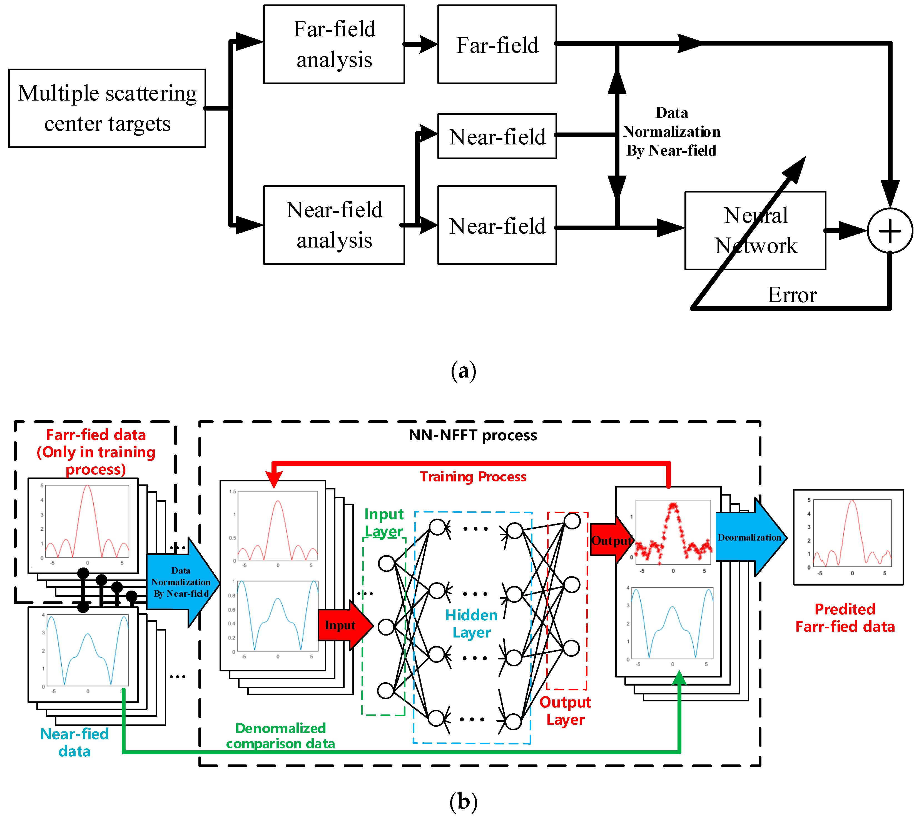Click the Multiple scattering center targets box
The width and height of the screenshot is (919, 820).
pyautogui.click(x=107, y=108)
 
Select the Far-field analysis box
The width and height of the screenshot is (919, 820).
pyautogui.click(x=334, y=44)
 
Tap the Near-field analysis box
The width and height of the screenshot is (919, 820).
pyautogui.click(x=334, y=225)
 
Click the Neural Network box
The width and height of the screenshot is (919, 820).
pyautogui.click(x=755, y=230)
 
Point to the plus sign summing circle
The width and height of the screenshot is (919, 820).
pyautogui.click(x=890, y=231)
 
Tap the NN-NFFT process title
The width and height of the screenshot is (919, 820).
pyautogui.click(x=472, y=435)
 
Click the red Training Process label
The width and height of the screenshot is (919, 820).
pyautogui.click(x=472, y=477)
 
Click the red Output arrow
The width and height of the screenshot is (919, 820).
pyautogui.click(x=611, y=541)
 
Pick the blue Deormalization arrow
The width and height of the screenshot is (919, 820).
pyautogui.click(x=749, y=537)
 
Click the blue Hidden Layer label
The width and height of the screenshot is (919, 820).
pyautogui.click(x=471, y=624)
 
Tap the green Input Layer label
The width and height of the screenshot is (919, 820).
pyautogui.click(x=383, y=522)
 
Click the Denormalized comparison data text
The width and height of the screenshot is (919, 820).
pyautogui.click(x=280, y=736)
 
